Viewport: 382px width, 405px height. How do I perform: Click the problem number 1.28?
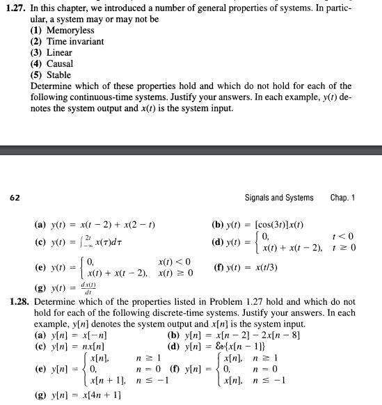tap(16, 302)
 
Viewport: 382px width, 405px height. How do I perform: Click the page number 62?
tap(15, 198)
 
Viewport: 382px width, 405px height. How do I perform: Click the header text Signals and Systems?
tap(279, 198)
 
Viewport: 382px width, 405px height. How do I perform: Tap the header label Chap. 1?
tap(342, 198)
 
